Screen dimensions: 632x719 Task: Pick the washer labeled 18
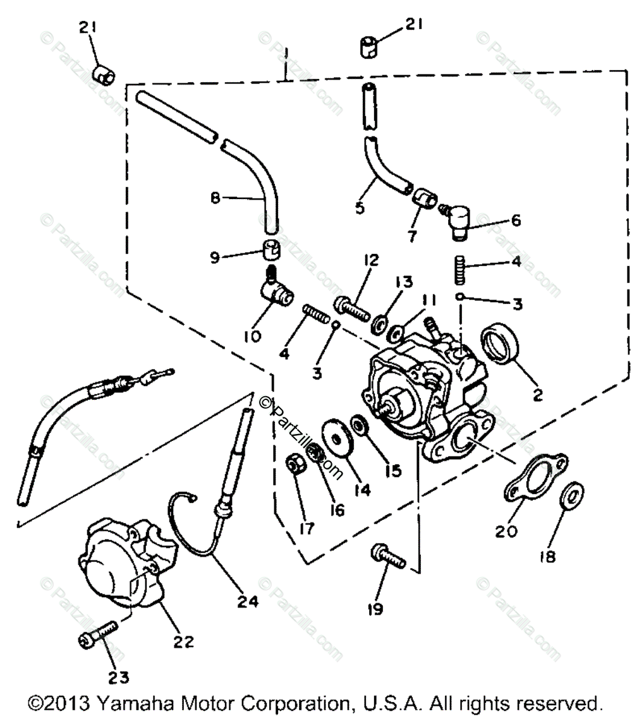(573, 496)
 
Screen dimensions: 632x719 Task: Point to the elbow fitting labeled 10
(277, 291)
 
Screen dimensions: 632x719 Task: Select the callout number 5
(360, 207)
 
